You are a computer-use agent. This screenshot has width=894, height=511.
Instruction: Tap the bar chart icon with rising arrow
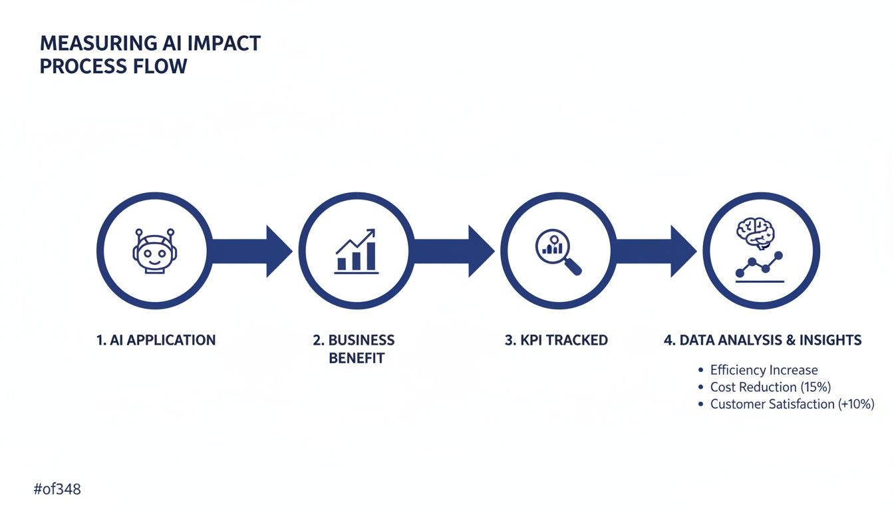(x=357, y=251)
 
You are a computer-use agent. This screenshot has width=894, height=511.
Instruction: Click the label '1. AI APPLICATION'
(x=156, y=340)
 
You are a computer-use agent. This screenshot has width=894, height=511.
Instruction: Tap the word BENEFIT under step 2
(x=357, y=358)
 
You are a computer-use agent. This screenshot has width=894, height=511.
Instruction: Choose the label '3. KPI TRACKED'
(x=556, y=340)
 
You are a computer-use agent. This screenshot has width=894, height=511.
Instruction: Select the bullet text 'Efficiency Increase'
(x=764, y=370)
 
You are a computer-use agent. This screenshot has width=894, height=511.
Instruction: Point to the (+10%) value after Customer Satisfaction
(x=856, y=404)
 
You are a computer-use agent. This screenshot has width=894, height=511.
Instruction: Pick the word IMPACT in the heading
(x=225, y=44)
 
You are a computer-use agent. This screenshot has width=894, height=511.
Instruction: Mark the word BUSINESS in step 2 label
(x=361, y=340)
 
